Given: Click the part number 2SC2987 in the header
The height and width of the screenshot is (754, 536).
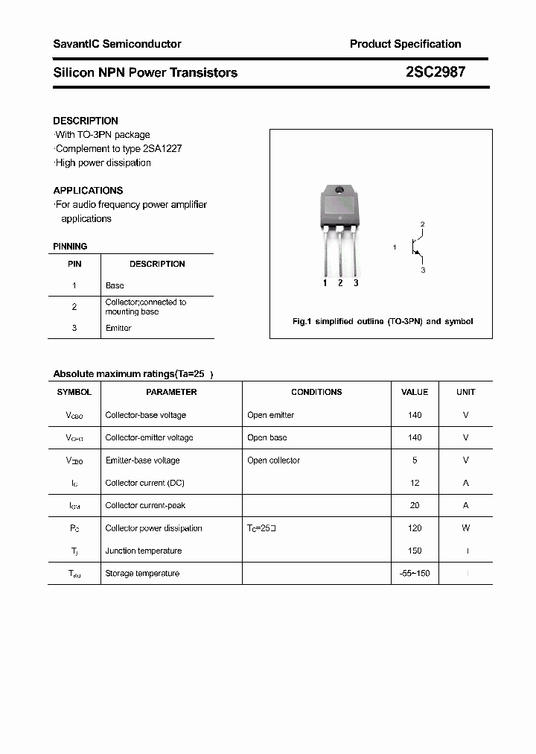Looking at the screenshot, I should (435, 72).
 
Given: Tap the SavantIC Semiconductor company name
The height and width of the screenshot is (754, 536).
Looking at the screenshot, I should (117, 44).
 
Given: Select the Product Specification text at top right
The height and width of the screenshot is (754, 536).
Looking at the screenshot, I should (405, 44).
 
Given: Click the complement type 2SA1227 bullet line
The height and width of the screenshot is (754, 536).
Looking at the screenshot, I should (118, 148).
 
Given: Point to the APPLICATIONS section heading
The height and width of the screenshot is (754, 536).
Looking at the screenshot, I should (88, 191).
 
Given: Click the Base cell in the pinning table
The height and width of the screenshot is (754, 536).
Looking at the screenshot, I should (115, 285).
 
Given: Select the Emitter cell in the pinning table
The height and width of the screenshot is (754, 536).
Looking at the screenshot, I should (118, 328).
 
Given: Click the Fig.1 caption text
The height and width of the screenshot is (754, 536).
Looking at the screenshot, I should (382, 321).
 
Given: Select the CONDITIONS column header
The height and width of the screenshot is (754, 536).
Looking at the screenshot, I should (316, 392).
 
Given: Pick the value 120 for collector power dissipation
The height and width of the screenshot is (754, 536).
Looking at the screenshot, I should (415, 528).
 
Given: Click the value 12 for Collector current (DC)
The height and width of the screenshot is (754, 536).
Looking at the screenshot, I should (415, 483).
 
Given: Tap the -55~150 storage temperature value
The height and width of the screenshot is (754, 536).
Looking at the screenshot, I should (415, 573).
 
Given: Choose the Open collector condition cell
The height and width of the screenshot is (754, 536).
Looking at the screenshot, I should (273, 460).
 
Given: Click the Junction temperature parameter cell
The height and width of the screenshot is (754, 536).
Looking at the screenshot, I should (144, 551).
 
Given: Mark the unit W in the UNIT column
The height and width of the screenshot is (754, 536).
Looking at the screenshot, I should (466, 528).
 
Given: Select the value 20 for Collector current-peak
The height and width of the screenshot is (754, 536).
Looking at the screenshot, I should (415, 505).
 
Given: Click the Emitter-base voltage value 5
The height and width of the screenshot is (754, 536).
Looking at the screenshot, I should (415, 460).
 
